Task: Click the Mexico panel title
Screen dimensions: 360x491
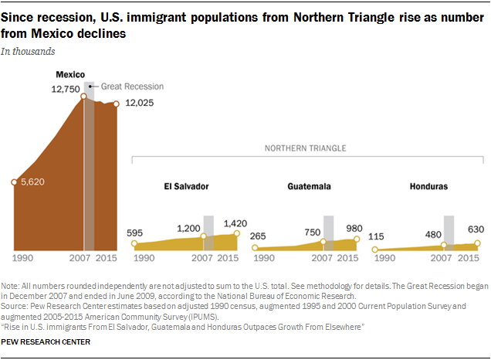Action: (x=70, y=74)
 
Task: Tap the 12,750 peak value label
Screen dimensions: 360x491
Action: (x=66, y=89)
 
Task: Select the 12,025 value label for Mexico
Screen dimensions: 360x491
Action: (x=139, y=104)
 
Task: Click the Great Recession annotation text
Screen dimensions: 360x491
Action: (x=131, y=87)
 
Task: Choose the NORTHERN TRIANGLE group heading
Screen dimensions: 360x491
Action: (x=305, y=148)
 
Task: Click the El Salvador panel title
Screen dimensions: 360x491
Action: (x=185, y=187)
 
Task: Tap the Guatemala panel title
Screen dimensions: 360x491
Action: (x=309, y=187)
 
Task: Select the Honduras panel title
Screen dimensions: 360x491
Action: (x=428, y=187)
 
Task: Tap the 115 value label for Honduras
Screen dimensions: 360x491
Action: (x=378, y=236)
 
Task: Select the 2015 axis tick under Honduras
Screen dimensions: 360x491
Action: (x=468, y=257)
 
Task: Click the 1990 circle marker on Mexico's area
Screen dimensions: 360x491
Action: (x=14, y=182)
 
